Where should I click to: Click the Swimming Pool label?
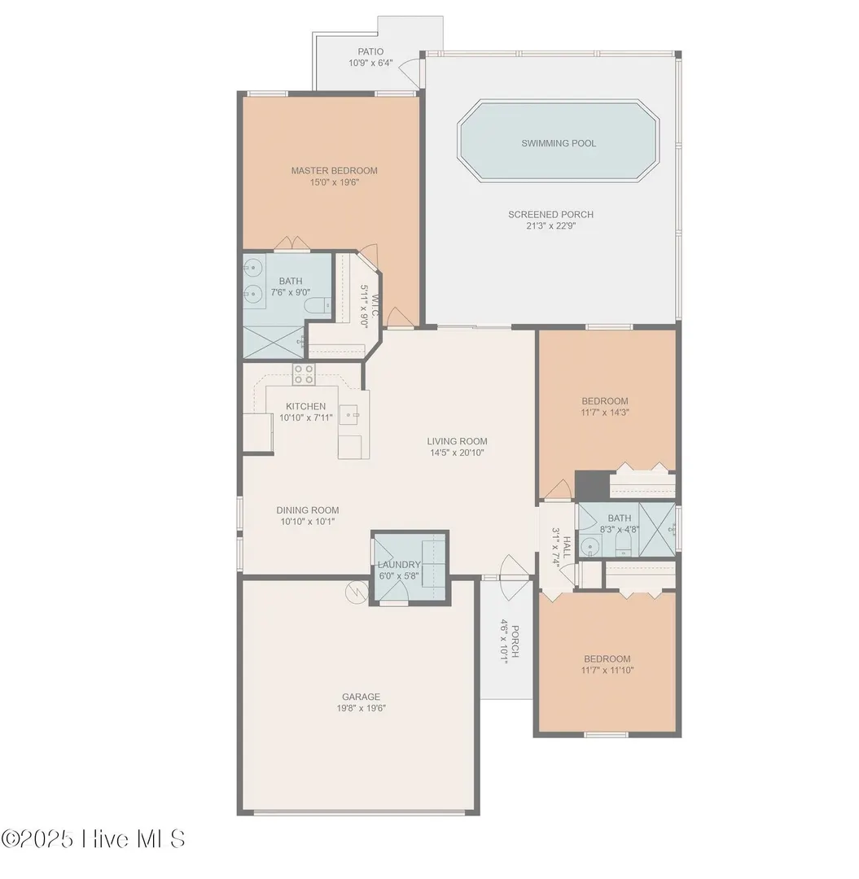[x=559, y=143]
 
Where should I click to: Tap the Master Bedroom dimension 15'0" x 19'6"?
[x=334, y=182]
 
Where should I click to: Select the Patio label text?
[x=370, y=51]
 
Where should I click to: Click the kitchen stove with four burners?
[x=304, y=374]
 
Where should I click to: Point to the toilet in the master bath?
[x=318, y=306]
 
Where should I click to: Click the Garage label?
[x=361, y=697]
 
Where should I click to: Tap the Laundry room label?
[x=399, y=565]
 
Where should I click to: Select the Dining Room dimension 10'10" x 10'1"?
[x=308, y=522]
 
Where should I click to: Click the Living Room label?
[x=457, y=441]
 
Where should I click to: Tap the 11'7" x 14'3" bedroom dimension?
[x=605, y=412]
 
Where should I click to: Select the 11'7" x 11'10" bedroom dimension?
[x=607, y=670]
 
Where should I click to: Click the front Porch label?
[x=515, y=641]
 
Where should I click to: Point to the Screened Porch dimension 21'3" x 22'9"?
[x=550, y=226]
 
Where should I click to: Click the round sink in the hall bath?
[x=589, y=544]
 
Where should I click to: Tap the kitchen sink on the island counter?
[x=352, y=415]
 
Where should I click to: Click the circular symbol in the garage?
[x=357, y=593]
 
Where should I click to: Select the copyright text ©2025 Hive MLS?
[x=93, y=839]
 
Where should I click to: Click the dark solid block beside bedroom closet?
[x=592, y=485]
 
